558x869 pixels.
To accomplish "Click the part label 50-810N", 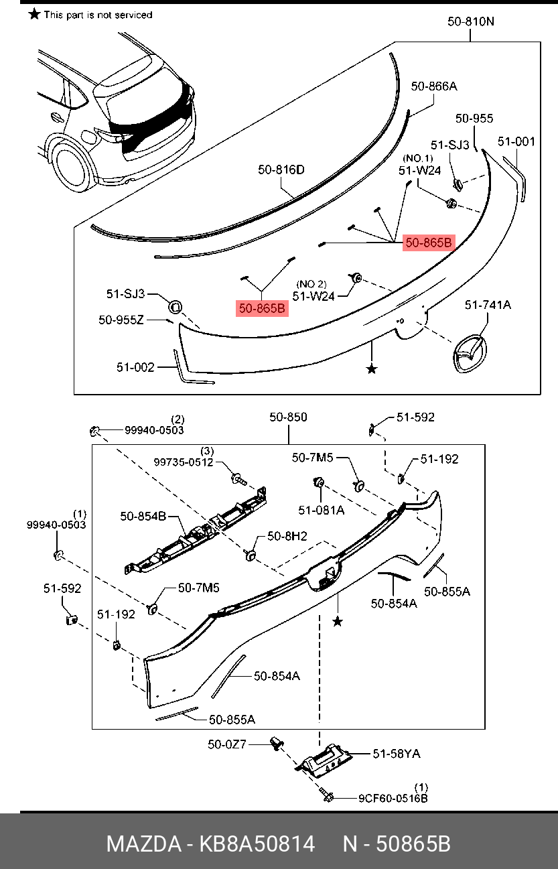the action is point(471,21).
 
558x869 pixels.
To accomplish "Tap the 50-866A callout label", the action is point(434,86).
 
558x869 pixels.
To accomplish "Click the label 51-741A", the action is point(488,305).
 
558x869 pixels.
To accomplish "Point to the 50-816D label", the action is point(281,170).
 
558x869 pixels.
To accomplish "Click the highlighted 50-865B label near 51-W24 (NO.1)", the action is point(429,243).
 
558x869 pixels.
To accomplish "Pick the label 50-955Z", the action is point(121,320).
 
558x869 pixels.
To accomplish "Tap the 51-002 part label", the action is point(135,367).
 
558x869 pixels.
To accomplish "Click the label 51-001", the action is point(516,141).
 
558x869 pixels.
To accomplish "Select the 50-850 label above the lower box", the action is point(288,417).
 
